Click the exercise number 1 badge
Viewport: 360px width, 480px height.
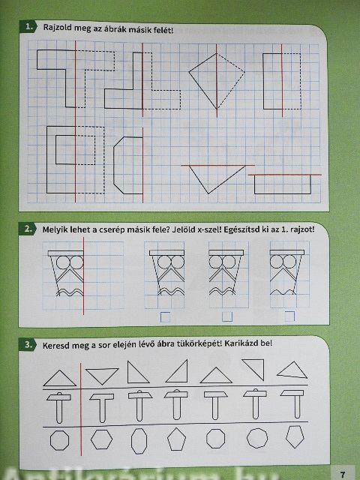(28, 27)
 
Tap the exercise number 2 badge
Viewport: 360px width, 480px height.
(28, 229)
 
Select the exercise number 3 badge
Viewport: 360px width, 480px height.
(28, 344)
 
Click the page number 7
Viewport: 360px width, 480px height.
(343, 474)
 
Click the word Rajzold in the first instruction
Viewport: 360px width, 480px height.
(55, 28)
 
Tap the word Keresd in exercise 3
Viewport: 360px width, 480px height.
(54, 345)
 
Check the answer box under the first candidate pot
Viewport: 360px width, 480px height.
(165, 317)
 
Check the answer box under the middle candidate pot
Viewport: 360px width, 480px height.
(227, 316)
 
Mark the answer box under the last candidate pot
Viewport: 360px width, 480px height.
(289, 316)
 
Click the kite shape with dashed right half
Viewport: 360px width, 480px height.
(217, 81)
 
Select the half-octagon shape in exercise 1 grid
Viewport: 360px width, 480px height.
(128, 165)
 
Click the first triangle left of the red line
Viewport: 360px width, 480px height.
(60, 378)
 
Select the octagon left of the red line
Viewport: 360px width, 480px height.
(59, 440)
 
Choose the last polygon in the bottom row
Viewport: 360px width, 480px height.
(295, 436)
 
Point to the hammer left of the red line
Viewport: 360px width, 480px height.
(58, 407)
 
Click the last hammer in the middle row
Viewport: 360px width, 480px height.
(292, 404)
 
